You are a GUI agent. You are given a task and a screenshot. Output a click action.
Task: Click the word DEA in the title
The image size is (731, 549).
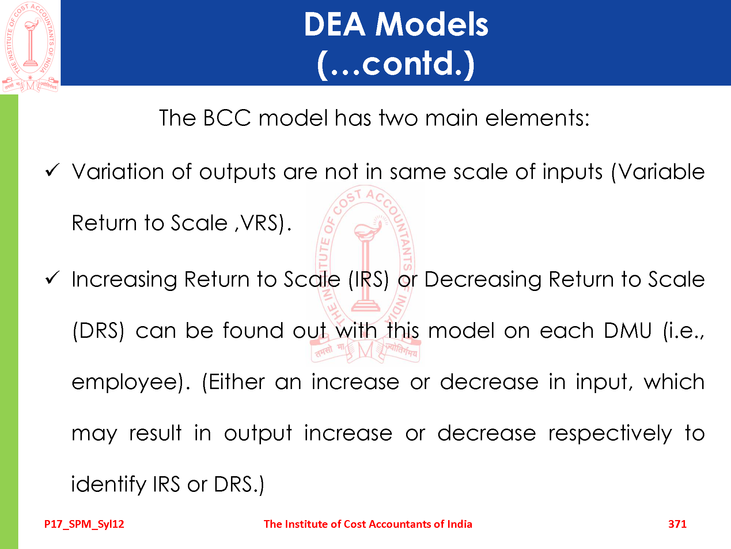click(334, 24)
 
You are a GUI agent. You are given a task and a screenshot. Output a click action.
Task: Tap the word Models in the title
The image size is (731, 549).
click(432, 24)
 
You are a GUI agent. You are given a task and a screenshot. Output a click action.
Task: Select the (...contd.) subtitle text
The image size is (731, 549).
click(396, 64)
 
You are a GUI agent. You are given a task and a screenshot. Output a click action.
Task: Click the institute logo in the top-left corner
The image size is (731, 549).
click(30, 47)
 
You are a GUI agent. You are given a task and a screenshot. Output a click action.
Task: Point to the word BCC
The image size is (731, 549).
click(227, 118)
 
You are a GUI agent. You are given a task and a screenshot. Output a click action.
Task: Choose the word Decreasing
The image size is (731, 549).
click(482, 280)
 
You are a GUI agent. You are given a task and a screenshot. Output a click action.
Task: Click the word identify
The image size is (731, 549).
click(108, 485)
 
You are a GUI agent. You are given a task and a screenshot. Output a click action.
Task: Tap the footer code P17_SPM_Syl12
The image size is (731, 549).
click(84, 524)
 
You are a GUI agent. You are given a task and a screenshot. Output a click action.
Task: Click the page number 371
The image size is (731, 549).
click(677, 524)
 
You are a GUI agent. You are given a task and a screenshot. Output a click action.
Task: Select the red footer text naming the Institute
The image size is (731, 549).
click(368, 524)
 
